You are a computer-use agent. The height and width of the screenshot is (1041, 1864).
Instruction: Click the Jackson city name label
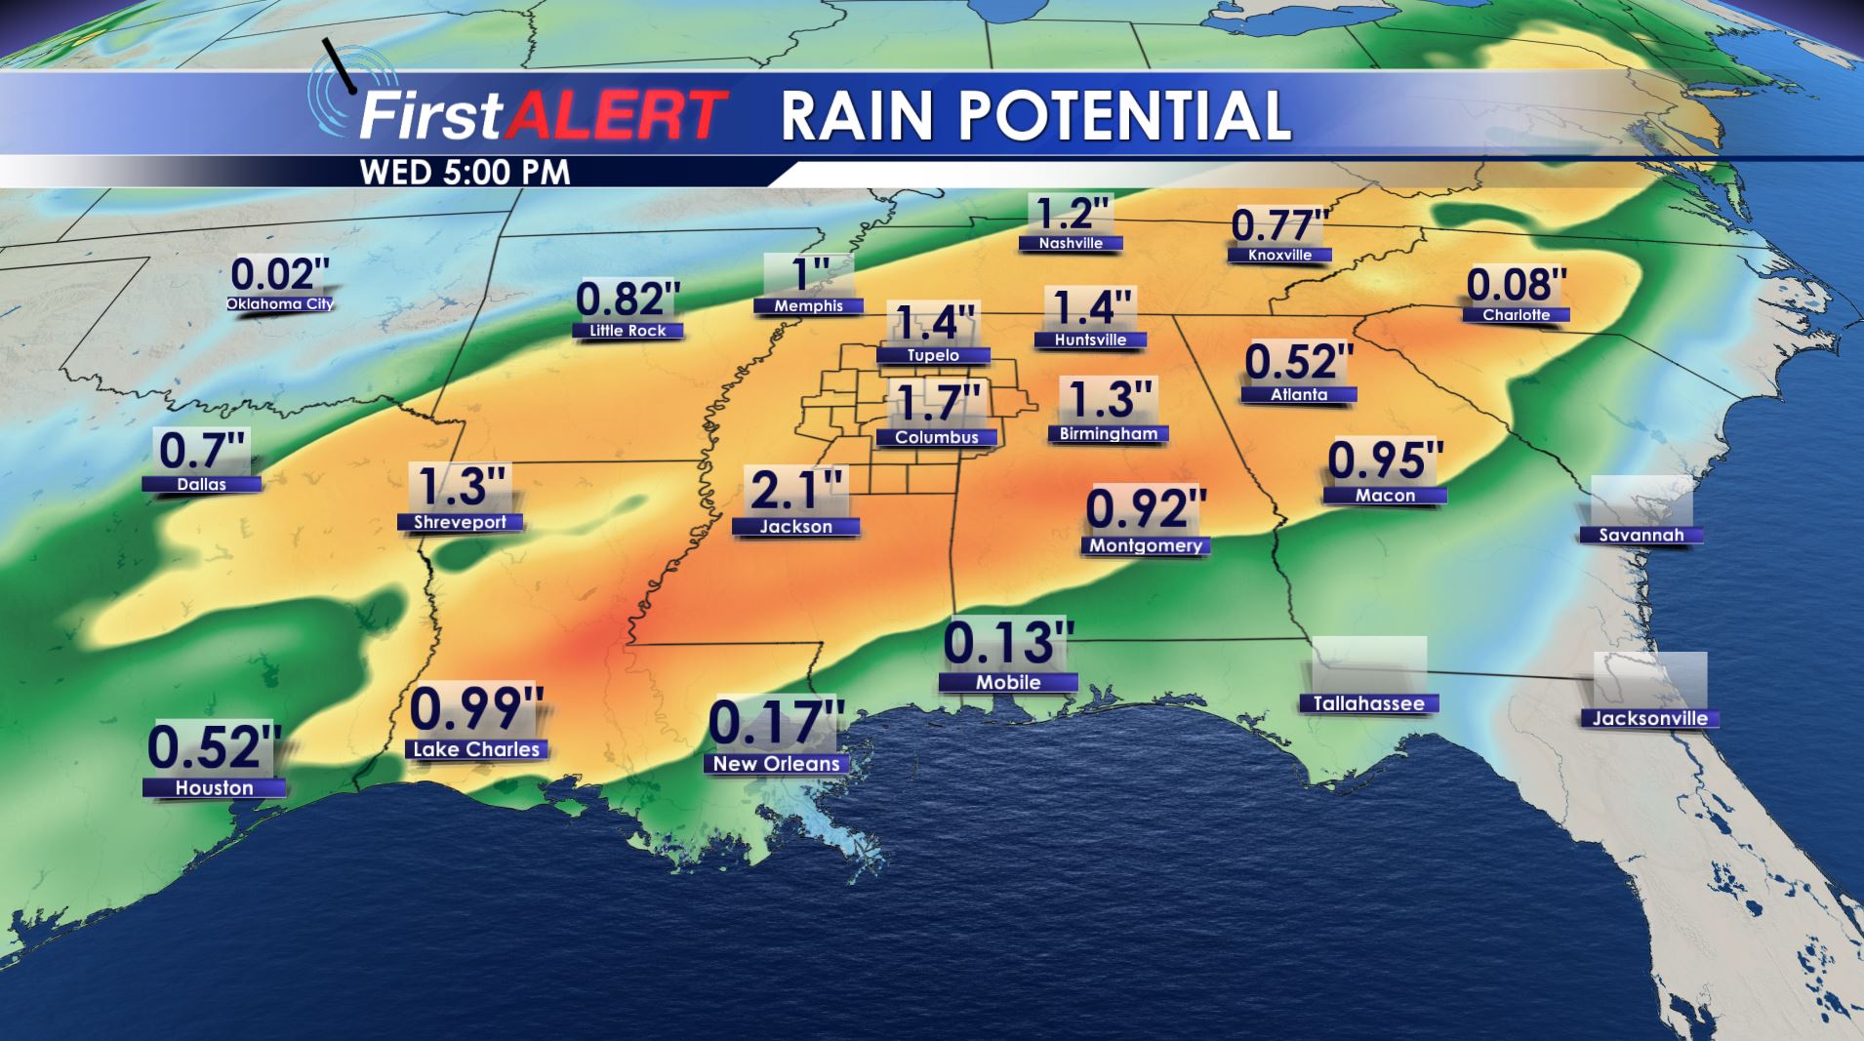pos(795,527)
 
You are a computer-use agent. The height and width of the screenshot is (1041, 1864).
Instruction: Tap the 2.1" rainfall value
pos(795,490)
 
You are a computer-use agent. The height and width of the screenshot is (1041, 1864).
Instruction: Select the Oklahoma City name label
pos(280,303)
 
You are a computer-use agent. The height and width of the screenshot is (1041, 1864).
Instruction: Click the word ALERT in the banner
pos(620,116)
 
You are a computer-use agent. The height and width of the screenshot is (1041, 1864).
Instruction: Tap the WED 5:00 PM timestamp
pos(465,173)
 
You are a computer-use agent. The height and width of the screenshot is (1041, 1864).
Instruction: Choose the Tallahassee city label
pos(1367,703)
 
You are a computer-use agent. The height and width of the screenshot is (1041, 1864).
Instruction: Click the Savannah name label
pos(1641,535)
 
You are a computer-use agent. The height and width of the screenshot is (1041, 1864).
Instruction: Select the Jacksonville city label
pos(1649,719)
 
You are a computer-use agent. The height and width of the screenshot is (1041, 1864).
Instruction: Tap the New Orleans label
pos(776,764)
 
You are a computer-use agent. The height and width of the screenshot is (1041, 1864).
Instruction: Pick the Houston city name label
pos(214,787)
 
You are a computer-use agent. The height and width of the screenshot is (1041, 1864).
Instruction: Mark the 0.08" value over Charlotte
pos(1517,285)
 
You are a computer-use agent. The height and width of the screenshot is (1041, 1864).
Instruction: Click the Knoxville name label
pos(1279,256)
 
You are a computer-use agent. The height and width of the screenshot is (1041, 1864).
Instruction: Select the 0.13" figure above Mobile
pos(1008,642)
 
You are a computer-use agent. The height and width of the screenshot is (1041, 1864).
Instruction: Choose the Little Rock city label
pos(628,331)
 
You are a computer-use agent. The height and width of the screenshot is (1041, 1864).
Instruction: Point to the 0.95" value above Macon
pos(1385,460)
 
